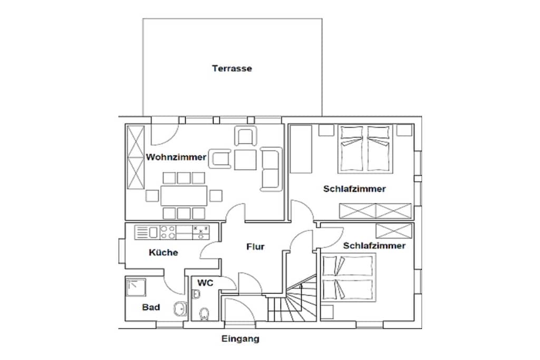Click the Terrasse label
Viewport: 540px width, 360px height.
click(232, 69)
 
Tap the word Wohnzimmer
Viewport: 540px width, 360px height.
click(176, 157)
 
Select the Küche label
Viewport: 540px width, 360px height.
click(163, 252)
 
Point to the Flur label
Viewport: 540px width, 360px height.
click(255, 247)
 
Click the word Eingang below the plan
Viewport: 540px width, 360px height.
click(240, 339)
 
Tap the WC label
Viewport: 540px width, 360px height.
click(205, 283)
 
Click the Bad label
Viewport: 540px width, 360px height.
click(151, 307)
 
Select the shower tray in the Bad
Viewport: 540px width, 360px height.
click(136, 288)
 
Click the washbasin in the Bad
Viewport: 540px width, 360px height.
click(180, 309)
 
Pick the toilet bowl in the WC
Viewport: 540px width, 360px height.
click(204, 314)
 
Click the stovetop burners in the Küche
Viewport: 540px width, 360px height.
click(168, 232)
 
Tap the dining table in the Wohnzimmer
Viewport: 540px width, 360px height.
click(184, 196)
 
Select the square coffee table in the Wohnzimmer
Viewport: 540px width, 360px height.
click(245, 160)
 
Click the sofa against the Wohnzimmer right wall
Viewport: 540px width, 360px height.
click(272, 169)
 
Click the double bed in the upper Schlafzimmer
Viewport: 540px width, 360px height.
click(365, 149)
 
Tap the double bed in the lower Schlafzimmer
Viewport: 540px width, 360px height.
click(349, 278)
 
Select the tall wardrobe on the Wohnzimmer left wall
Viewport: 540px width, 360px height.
click(136, 157)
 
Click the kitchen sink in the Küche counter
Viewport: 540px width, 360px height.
click(153, 232)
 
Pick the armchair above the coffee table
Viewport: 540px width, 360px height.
click(246, 136)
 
